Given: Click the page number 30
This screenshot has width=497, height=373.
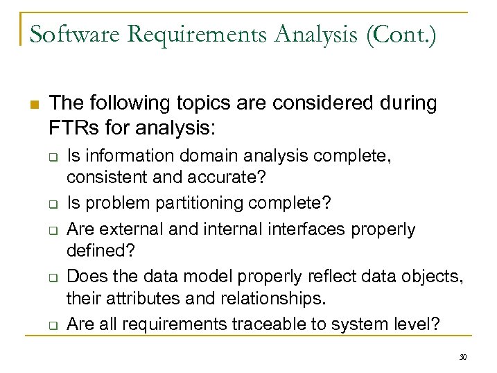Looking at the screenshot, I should click(463, 356).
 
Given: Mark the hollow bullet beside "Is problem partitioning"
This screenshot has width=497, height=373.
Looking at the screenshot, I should click(51, 205).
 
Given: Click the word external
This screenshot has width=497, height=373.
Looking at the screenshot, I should click(131, 229).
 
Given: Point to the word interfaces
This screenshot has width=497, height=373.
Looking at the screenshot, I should click(312, 229).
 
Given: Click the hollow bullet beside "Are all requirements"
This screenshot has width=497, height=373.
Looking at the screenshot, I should click(51, 326).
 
